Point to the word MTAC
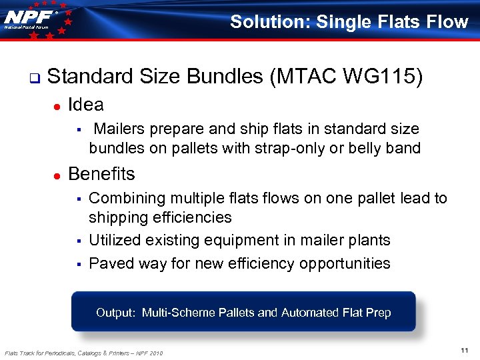304,77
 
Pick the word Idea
86,105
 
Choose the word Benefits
101,174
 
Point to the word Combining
125,198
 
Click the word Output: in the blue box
116,312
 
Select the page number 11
465,350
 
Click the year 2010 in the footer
156,353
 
